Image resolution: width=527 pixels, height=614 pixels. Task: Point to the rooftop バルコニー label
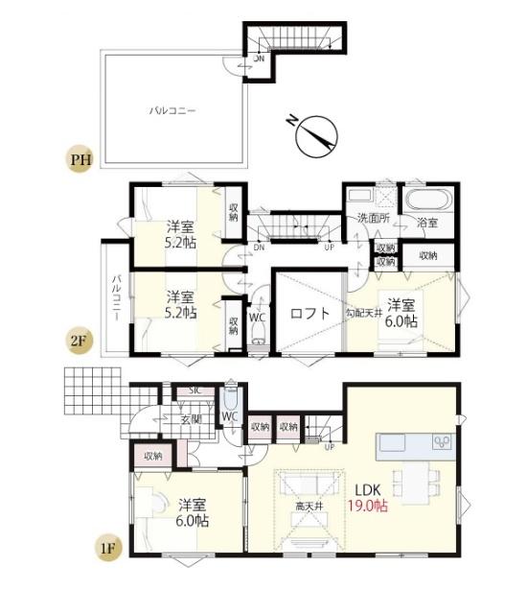[172, 110]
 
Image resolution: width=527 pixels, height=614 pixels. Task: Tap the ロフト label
[309, 313]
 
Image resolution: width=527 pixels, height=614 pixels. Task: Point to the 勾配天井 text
[364, 313]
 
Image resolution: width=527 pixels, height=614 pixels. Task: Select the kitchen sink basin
[393, 443]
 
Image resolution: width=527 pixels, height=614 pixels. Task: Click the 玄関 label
[191, 419]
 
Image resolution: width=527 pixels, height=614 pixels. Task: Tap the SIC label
[195, 390]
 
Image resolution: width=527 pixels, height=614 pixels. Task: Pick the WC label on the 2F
[257, 316]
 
